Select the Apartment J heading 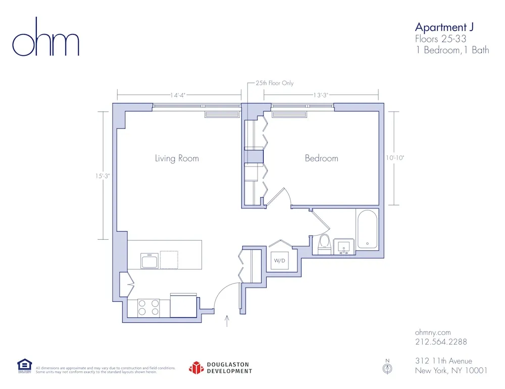(x=444, y=27)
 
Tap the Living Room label (x=177, y=158)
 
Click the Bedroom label (x=321, y=158)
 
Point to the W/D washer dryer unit (x=279, y=260)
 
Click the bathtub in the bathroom (x=367, y=230)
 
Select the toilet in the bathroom (x=324, y=244)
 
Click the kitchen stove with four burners (x=148, y=308)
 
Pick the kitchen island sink (x=150, y=261)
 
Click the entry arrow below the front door (x=227, y=321)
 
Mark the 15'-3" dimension (x=105, y=176)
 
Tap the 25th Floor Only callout (x=274, y=83)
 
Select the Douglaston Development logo (x=220, y=368)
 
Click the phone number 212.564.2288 (x=440, y=342)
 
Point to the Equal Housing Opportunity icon (x=24, y=365)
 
